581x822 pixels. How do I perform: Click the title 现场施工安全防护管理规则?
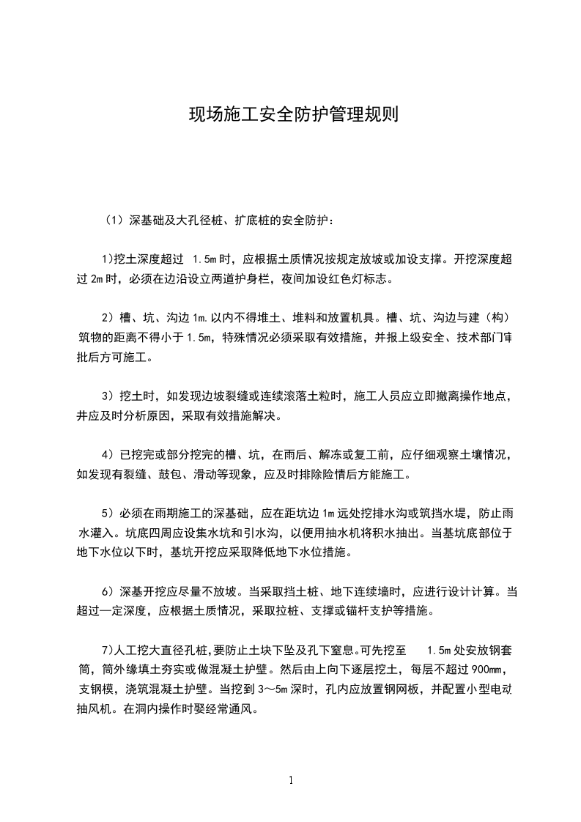[x=293, y=115]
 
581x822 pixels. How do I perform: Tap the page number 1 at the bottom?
[x=291, y=780]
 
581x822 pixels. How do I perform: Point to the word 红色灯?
[x=335, y=278]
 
